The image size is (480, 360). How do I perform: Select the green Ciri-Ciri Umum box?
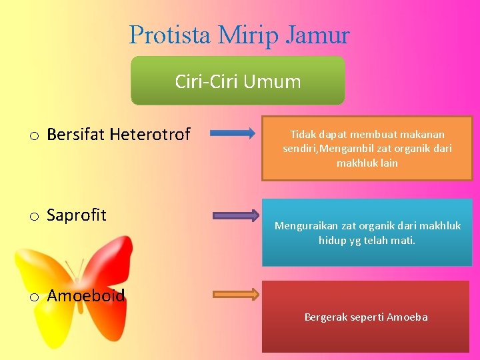click(238, 81)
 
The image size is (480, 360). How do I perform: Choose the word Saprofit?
click(77, 215)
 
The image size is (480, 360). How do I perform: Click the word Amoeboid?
click(86, 295)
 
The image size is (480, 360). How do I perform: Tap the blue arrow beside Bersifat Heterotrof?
click(232, 133)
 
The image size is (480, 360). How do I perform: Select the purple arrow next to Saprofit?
click(236, 215)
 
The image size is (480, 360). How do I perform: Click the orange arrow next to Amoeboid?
click(236, 294)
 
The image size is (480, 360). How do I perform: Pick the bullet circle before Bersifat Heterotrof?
click(33, 137)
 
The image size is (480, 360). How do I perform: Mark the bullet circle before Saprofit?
click(33, 217)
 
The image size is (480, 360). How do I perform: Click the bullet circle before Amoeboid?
click(33, 297)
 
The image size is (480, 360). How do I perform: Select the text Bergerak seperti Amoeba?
click(366, 317)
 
